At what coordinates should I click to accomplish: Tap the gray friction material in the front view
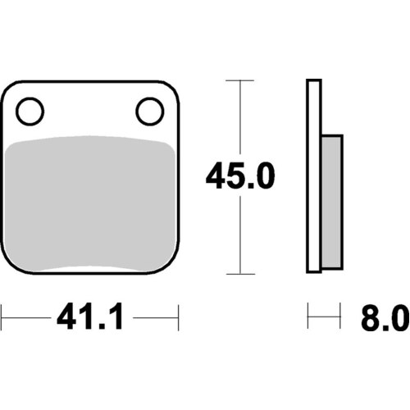coord(90,205)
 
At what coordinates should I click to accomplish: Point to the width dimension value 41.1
coord(90,316)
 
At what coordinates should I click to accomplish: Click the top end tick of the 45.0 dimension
coord(239,80)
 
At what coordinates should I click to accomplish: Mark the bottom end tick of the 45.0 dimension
coord(239,273)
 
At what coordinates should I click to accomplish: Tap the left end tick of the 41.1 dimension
coord(2,315)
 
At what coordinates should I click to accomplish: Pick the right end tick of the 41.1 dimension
coord(178,315)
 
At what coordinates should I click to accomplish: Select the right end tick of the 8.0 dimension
coord(339,315)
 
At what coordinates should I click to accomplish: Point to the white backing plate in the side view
coord(312,176)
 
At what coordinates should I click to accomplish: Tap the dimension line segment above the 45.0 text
coord(239,119)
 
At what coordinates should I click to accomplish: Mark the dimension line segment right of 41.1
coord(156,315)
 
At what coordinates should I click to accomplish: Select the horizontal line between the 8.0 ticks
coord(323,315)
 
